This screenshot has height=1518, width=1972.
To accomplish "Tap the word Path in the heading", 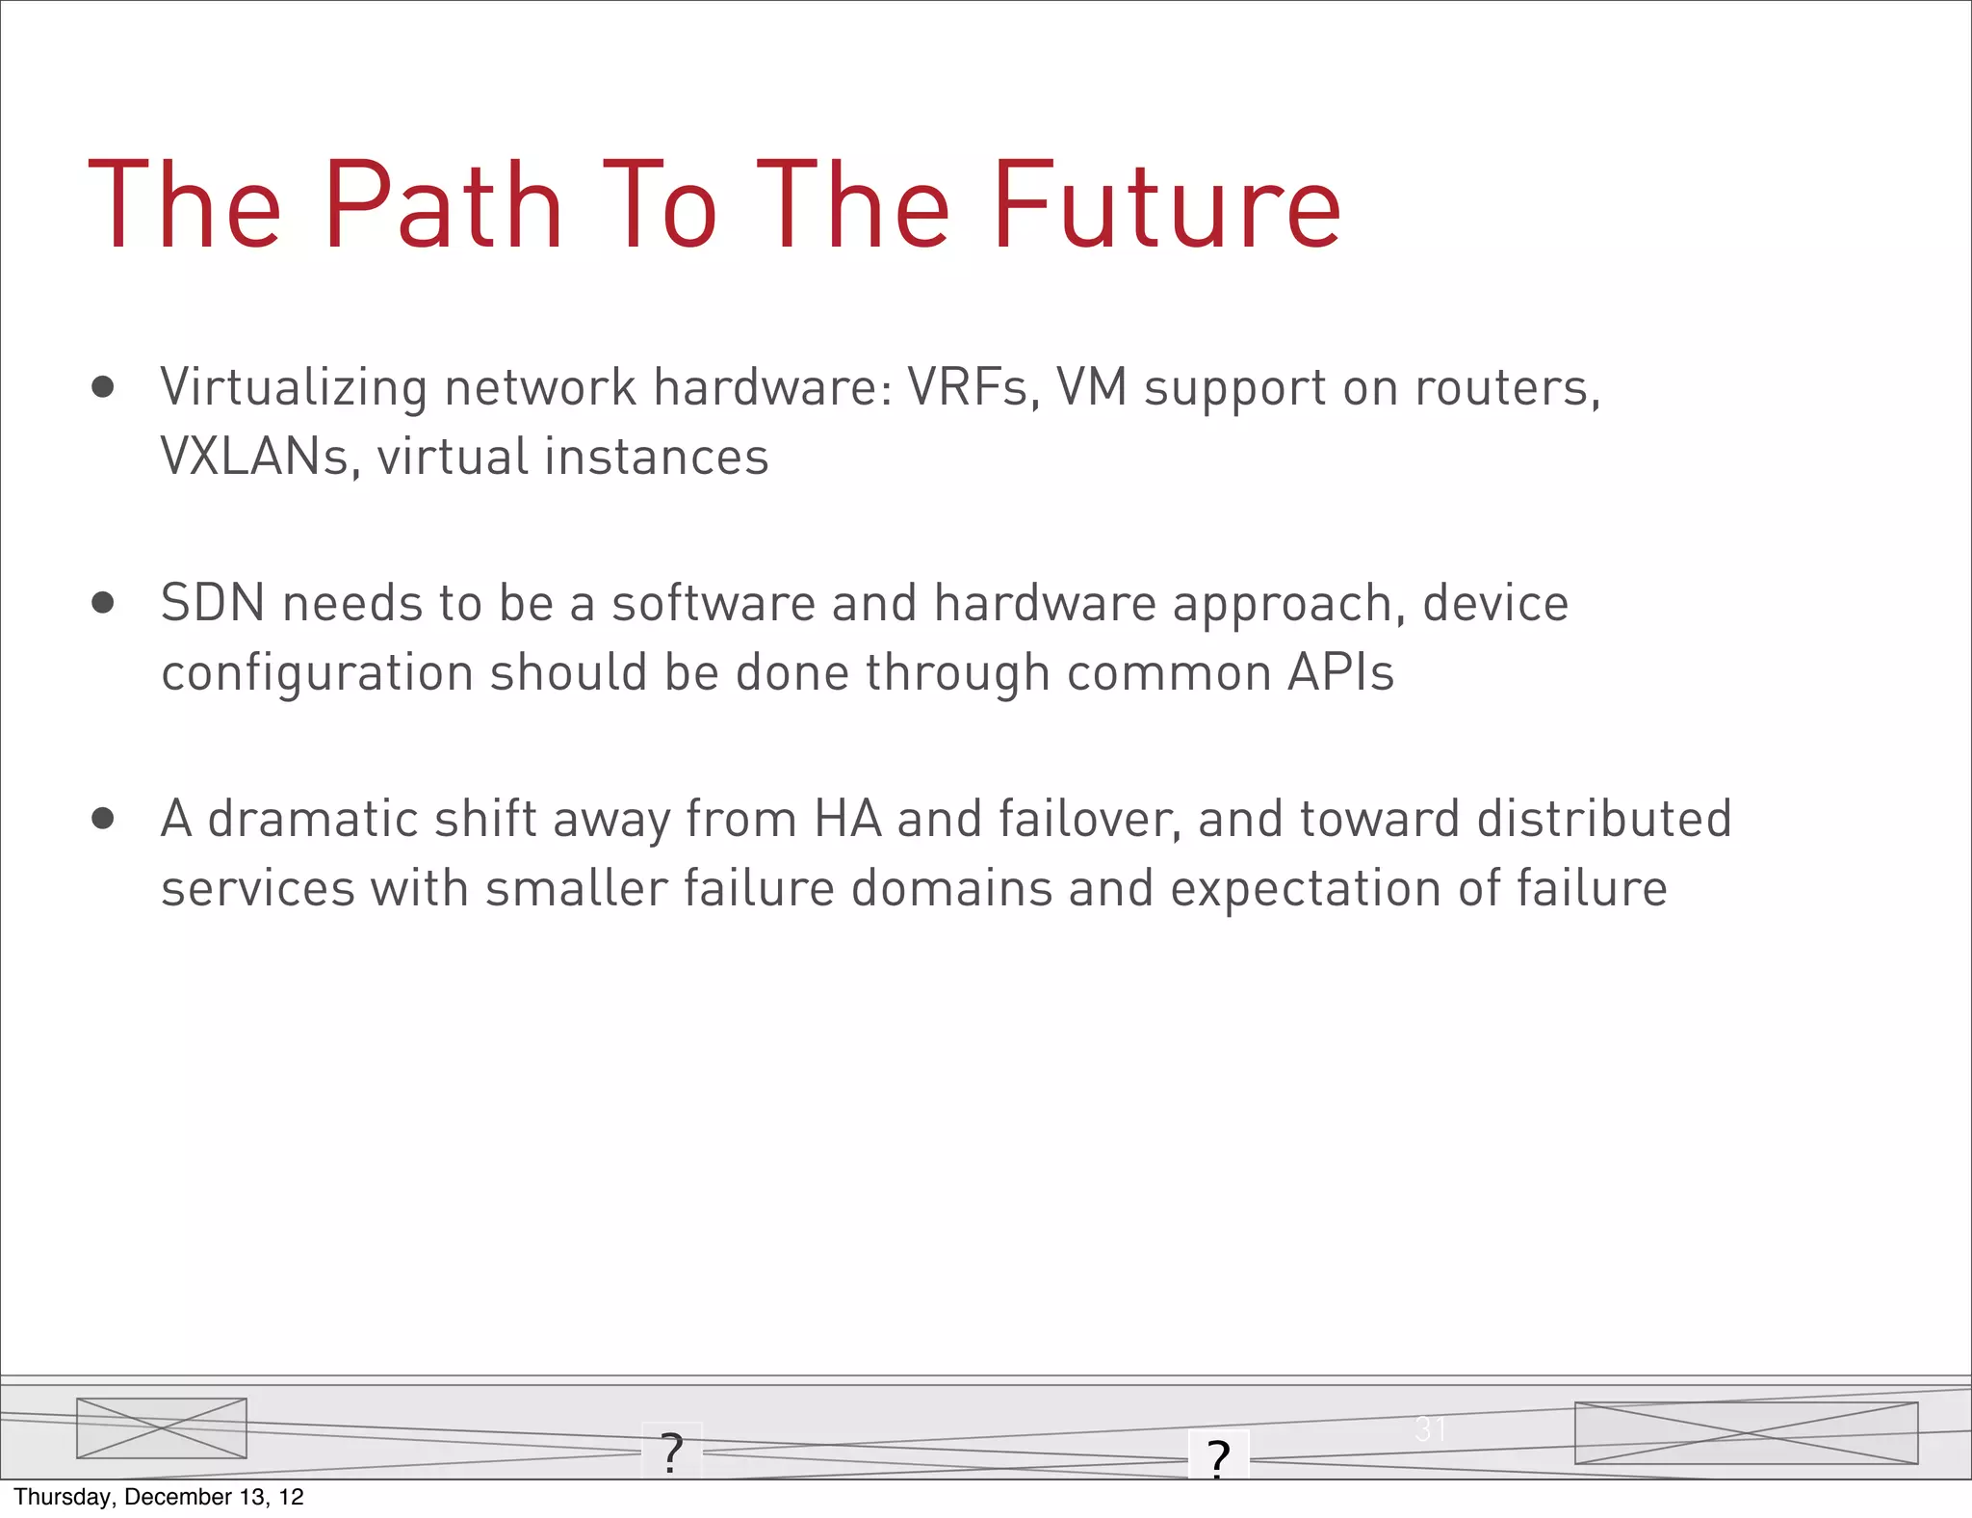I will tap(444, 206).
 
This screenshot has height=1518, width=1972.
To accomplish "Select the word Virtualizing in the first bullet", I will tap(294, 388).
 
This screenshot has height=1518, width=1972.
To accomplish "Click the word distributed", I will tap(1604, 820).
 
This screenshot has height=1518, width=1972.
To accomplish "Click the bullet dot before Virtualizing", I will tap(103, 388).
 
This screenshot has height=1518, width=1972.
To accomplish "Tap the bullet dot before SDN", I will tap(103, 604).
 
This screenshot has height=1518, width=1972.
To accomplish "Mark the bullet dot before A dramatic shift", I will tap(103, 820).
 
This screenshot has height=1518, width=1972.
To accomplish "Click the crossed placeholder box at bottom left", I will tap(162, 1427).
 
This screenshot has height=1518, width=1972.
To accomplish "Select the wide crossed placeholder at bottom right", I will tap(1746, 1433).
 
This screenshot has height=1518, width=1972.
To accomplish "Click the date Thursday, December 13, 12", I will tap(159, 1497).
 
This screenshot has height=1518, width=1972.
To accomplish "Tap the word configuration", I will tap(317, 673).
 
